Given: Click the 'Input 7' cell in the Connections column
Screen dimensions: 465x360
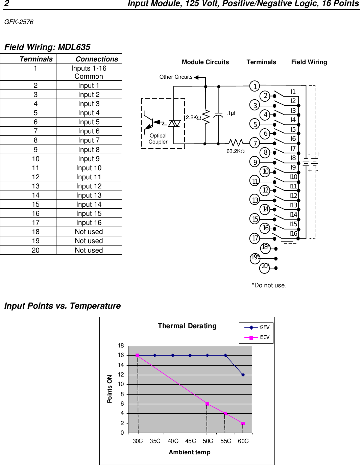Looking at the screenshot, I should (89, 140).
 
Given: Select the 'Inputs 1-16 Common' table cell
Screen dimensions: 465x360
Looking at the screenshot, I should (89, 72).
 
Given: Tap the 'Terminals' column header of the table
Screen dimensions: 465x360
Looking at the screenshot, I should (36, 59).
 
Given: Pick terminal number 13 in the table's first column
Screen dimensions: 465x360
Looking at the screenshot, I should (35, 186).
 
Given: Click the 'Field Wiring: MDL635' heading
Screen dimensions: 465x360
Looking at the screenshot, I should (47, 47).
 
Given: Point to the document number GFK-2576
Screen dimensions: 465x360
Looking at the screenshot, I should (19, 22).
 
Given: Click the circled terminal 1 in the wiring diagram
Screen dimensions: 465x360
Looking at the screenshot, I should (255, 86).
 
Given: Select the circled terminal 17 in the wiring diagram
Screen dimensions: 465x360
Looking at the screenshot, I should (255, 238).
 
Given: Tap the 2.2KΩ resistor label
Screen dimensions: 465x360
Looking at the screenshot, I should (193, 118).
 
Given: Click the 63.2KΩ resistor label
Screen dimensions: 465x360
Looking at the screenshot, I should (235, 151).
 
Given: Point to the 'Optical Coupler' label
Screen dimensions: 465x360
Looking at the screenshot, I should (158, 139).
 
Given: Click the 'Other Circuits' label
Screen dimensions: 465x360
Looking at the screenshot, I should (176, 77).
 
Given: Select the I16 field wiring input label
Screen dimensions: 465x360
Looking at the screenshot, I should (293, 233).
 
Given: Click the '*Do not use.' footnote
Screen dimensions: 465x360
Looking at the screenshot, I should (269, 285).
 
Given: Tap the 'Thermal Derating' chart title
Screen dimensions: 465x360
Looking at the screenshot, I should (187, 326).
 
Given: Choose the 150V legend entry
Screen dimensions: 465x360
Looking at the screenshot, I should (257, 337).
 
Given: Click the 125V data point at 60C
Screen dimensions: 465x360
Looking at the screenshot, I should (243, 375).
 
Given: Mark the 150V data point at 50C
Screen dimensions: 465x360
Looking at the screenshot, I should (208, 404).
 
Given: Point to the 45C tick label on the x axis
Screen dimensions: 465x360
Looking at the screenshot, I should (190, 441).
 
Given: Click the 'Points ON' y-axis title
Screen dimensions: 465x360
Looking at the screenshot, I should (110, 389).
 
